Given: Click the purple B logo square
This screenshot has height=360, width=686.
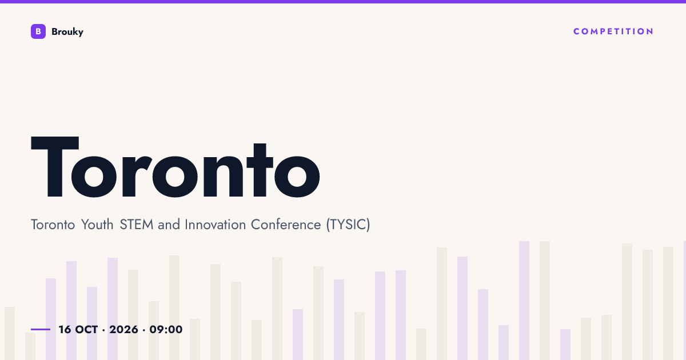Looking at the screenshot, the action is [38, 31].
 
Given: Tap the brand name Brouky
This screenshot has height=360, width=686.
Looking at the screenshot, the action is [67, 32].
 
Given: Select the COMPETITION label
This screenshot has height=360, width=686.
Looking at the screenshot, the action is [613, 31].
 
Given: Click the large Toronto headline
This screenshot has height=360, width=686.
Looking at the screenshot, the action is [176, 167].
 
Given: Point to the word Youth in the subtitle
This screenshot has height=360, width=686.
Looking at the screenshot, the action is [97, 225].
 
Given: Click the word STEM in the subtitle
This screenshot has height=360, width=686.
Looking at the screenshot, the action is [136, 225].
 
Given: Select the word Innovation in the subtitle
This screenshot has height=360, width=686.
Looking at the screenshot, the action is [215, 225].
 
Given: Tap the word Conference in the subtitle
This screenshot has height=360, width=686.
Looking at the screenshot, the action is [286, 225].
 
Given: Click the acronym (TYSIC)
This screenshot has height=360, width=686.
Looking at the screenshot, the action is [348, 225].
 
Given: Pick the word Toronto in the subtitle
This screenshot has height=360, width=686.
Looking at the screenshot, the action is [53, 225].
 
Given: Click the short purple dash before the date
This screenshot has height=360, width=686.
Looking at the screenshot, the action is [41, 329].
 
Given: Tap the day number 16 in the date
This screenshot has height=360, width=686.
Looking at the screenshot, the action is [65, 330].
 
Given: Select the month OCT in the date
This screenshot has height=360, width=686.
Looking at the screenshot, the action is [86, 330].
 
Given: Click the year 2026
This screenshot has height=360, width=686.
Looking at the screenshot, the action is [123, 330].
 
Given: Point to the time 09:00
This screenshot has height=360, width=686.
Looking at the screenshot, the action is [166, 330].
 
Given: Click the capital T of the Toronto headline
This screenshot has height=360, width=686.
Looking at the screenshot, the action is [55, 167].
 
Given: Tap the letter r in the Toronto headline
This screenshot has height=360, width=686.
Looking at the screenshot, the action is [137, 176].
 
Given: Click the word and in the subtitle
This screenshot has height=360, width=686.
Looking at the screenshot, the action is [169, 225].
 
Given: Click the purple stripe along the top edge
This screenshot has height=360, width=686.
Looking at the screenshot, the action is [343, 2].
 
